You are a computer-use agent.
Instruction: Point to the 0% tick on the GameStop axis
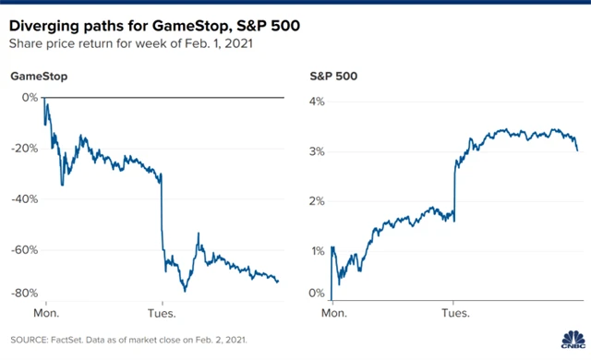[29, 98]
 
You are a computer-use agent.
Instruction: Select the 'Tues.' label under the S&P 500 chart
[454, 313]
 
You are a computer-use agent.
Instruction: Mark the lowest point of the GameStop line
[185, 291]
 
